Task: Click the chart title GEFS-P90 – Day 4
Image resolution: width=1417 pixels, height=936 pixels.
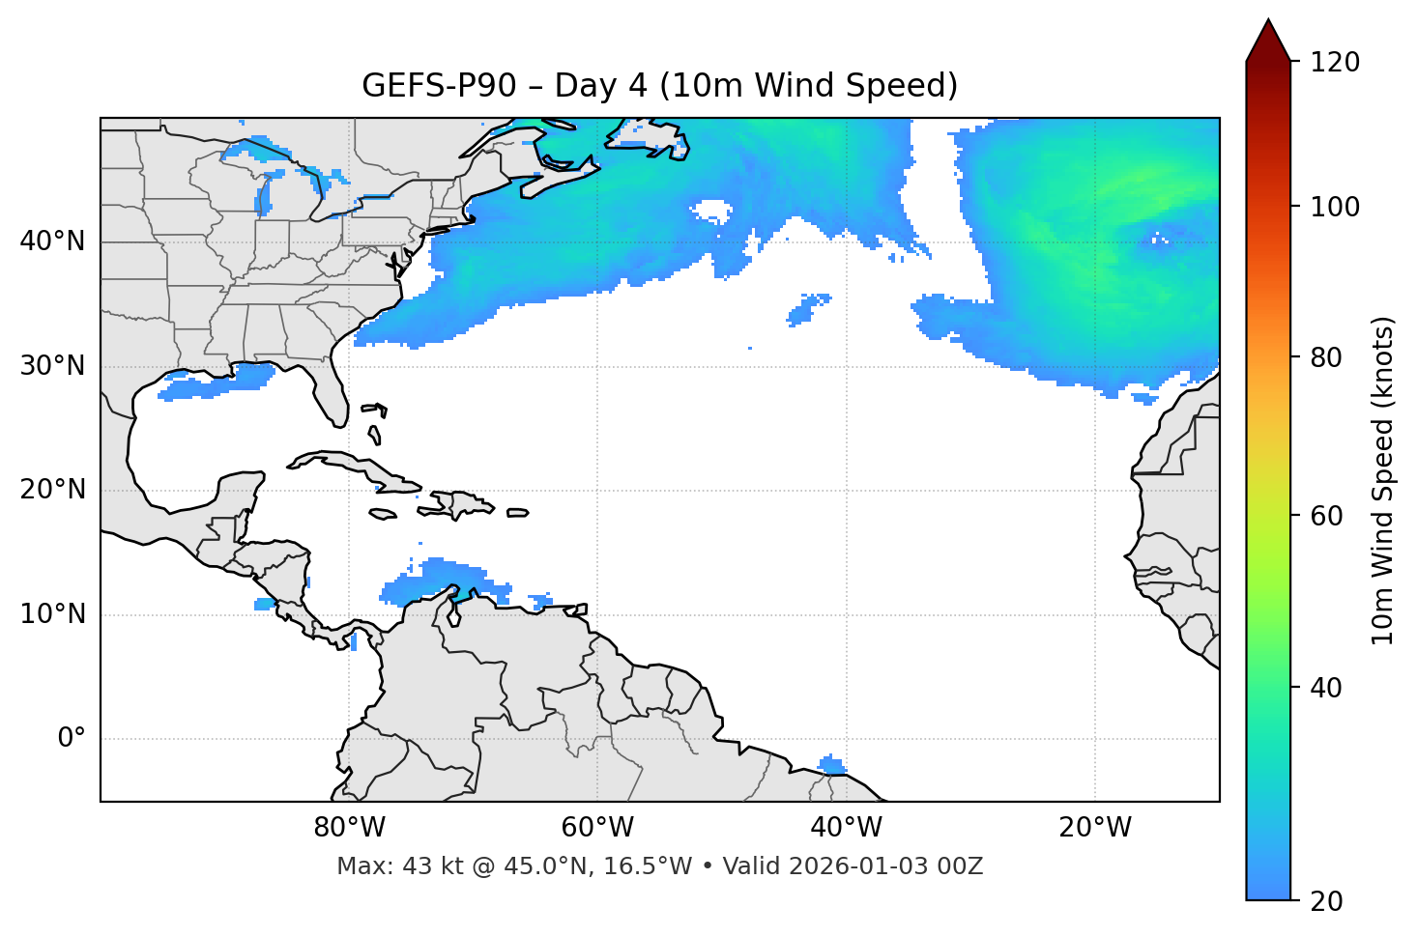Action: point(659,86)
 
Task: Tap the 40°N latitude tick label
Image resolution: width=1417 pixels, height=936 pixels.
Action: point(52,241)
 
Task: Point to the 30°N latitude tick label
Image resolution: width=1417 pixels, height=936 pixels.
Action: point(52,366)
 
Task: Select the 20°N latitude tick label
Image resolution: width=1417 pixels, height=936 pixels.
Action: point(52,490)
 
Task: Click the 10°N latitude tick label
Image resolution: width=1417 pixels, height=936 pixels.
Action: point(52,614)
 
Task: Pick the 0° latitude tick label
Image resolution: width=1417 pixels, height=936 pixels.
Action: point(72,739)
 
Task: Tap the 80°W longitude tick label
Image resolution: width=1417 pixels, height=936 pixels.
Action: point(349,828)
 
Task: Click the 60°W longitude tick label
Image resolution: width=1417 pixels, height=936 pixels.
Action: point(597,828)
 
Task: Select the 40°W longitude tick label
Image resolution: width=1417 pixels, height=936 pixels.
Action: point(846,828)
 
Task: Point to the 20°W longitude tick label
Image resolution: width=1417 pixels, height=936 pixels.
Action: point(1094,828)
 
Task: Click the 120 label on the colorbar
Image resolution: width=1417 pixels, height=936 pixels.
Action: point(1335,63)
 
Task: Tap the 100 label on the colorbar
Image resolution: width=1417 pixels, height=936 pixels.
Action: point(1335,207)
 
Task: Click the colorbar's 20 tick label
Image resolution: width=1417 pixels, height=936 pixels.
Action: point(1327,901)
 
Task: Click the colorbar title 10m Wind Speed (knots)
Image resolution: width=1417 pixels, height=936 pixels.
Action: point(1383,480)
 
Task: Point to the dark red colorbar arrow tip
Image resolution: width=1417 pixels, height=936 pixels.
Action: point(1268,23)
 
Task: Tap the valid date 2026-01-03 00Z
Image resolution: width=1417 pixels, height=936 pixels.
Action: point(885,866)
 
